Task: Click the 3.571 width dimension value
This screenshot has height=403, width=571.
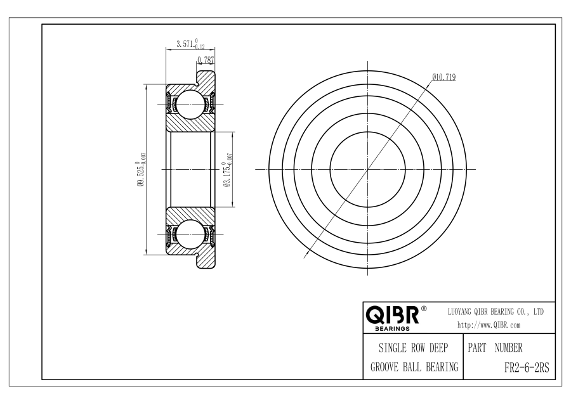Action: (x=190, y=44)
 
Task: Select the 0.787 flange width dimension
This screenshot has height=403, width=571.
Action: (x=206, y=60)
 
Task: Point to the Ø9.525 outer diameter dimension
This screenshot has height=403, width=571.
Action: (x=141, y=169)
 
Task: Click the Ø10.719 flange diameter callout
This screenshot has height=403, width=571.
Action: (x=444, y=77)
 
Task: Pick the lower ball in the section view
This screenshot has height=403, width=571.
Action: (x=189, y=234)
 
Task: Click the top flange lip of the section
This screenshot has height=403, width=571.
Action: (x=206, y=78)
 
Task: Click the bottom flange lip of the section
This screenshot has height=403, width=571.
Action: (x=206, y=261)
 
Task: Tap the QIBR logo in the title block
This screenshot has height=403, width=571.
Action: (x=392, y=315)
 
